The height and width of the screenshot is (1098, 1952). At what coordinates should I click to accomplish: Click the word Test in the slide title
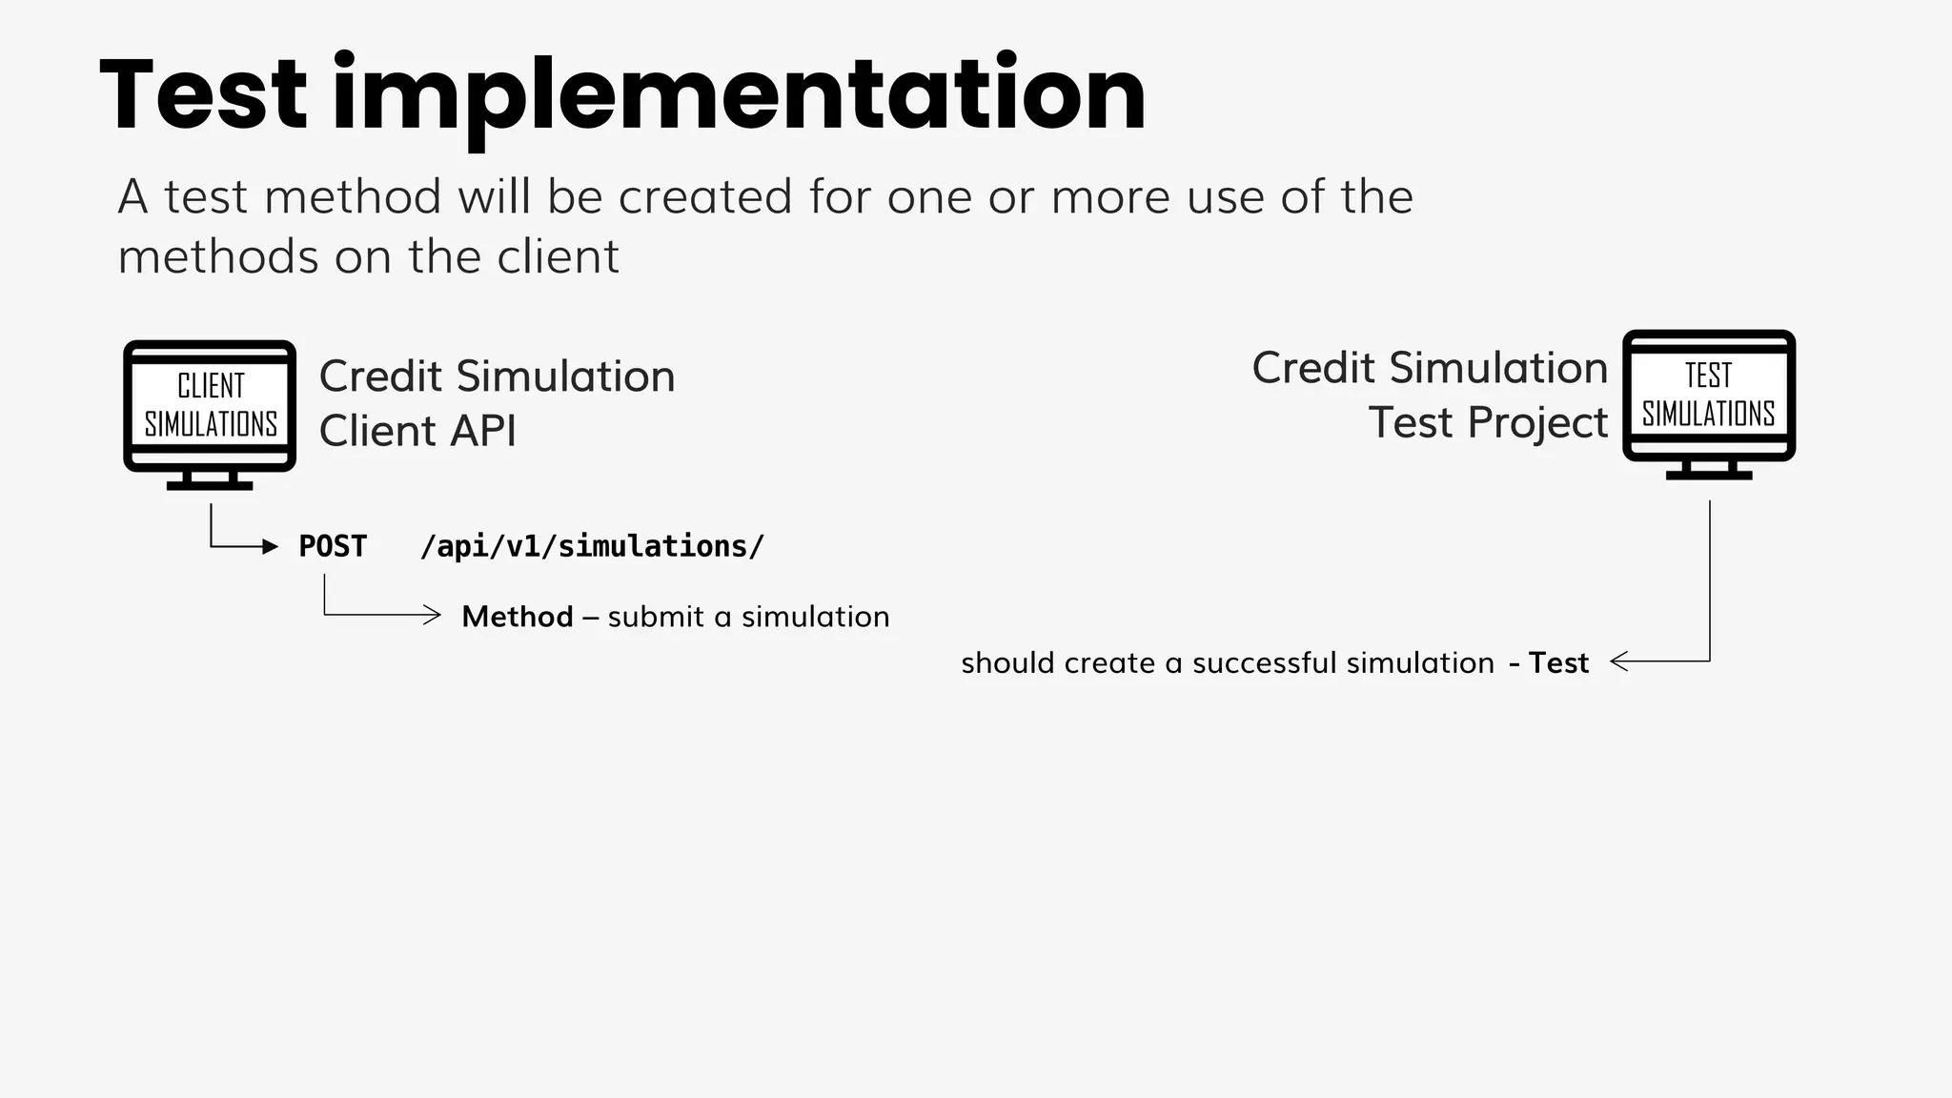click(203, 94)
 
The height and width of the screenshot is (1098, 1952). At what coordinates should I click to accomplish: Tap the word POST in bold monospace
click(333, 546)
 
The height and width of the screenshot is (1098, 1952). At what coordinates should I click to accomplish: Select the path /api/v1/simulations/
click(592, 546)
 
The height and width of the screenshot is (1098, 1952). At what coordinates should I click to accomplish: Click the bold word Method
click(518, 617)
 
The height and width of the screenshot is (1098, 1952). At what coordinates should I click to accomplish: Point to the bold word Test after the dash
click(1558, 662)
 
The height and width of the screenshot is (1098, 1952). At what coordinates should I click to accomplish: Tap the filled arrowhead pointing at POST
click(270, 546)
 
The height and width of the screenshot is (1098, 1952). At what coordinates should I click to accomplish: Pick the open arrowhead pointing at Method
click(433, 615)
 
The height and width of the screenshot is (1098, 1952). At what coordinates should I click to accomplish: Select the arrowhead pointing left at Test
click(1618, 661)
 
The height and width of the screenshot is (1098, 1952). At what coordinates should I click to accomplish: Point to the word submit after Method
click(657, 617)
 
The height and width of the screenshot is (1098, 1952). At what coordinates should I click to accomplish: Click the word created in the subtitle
click(705, 197)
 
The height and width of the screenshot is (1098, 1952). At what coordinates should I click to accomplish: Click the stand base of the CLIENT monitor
click(210, 485)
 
